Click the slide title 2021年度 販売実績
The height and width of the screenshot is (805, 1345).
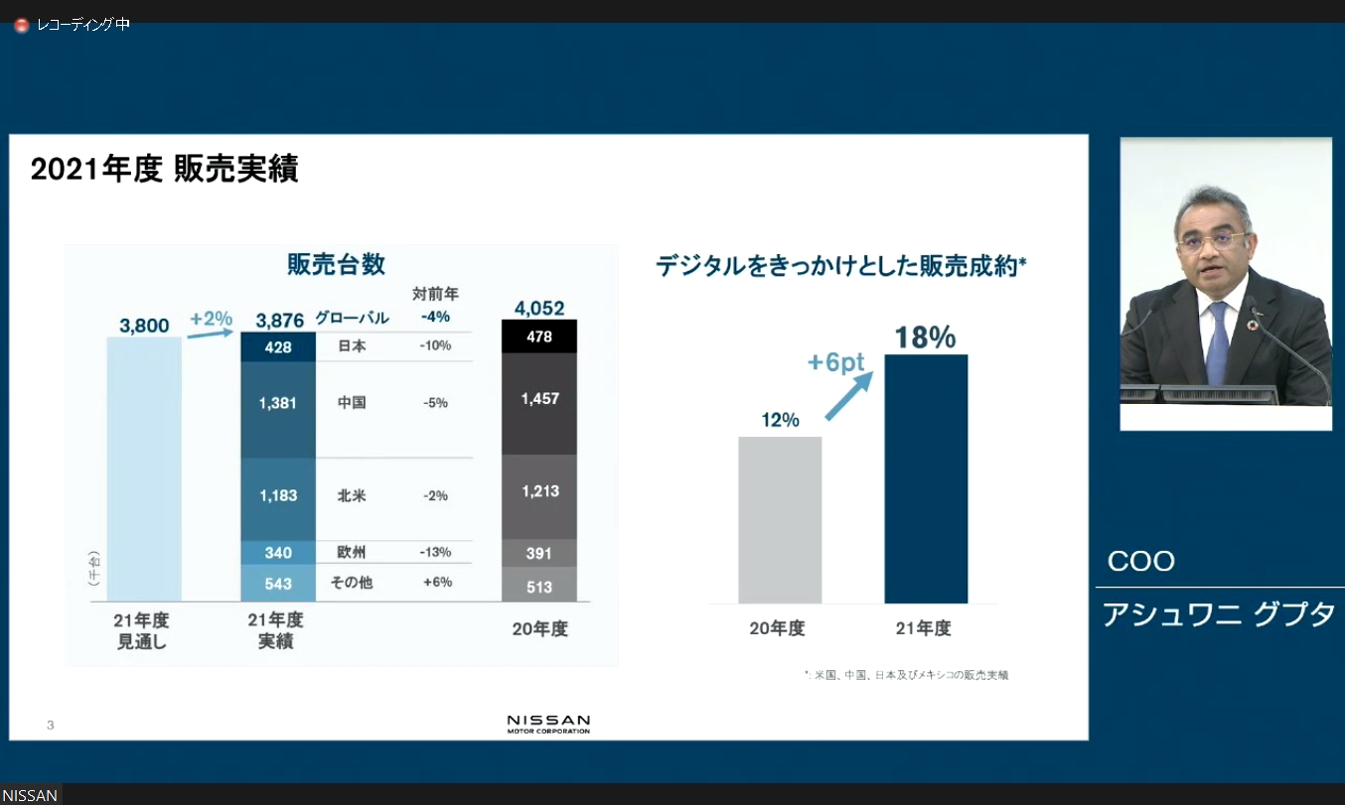pos(164,170)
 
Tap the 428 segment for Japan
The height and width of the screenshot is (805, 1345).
pos(278,346)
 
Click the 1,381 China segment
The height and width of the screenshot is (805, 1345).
pos(278,404)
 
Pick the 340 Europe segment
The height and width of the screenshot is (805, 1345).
pos(278,553)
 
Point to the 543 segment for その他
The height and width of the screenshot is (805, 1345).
pos(278,584)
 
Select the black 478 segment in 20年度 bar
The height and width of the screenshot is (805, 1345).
pos(539,337)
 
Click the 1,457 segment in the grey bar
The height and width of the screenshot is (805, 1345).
pos(539,399)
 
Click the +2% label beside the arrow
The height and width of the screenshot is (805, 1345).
pos(211,319)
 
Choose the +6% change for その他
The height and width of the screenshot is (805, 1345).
pos(435,583)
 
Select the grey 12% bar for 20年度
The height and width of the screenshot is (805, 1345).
pos(780,519)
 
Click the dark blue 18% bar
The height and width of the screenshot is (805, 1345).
pos(926,478)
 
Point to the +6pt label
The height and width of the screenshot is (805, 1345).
pos(833,363)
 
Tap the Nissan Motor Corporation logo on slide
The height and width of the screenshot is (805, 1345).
pos(548,724)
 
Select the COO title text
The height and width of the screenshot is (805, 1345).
pos(1141,562)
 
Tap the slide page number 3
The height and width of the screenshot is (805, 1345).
pos(51,726)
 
